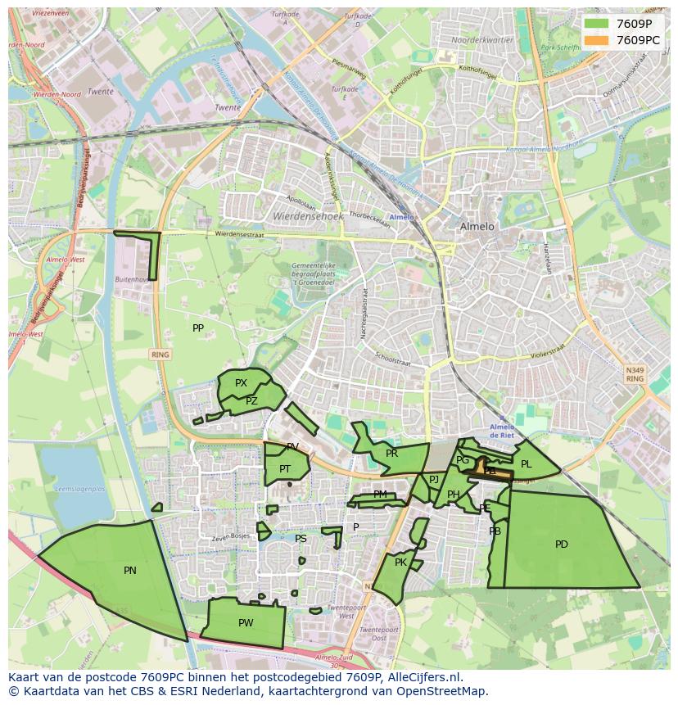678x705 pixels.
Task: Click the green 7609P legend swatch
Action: coord(596,24)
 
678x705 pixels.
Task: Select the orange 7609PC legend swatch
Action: coord(596,40)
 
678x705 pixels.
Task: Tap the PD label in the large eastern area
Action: coord(562,545)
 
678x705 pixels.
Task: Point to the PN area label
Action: coord(130,571)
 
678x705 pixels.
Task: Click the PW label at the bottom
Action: coord(246,623)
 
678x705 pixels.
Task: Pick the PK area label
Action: coord(400,563)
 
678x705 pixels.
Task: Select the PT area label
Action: coord(285,469)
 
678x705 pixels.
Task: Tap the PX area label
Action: coord(241,383)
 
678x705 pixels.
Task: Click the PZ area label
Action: coord(251,401)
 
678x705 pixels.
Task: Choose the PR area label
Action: coord(391,454)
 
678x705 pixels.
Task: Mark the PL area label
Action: coord(527,464)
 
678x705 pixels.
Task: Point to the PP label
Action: coord(198,328)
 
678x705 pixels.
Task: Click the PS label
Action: coord(301,539)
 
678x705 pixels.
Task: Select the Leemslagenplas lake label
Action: coord(79,489)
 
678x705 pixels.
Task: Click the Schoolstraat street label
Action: coord(391,360)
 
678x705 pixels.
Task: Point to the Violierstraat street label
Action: coord(548,347)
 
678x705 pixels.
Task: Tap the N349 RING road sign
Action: coord(635,374)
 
